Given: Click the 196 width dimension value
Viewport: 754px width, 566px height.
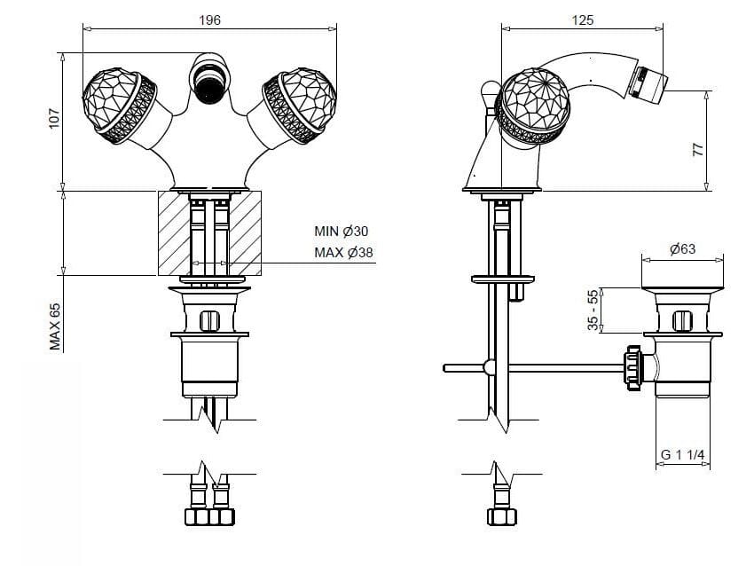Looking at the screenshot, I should (x=209, y=20).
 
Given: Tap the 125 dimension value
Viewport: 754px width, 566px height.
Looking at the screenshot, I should (x=583, y=20).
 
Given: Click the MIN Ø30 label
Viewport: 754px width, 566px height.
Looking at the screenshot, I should (x=341, y=232).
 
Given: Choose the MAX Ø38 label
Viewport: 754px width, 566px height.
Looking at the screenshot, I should (x=343, y=253).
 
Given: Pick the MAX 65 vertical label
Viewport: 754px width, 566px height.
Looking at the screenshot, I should (x=55, y=326).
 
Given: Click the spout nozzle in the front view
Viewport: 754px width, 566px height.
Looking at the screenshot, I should (x=209, y=82).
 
